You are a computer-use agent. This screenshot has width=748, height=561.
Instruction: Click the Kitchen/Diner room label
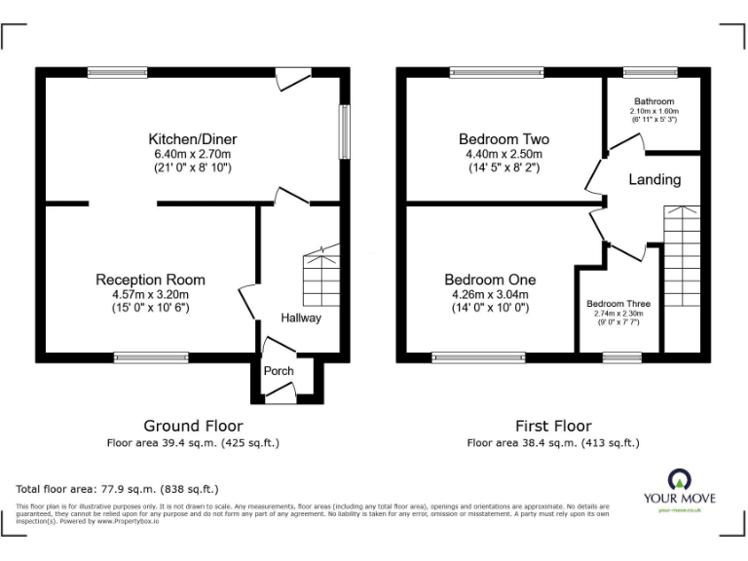click(192, 139)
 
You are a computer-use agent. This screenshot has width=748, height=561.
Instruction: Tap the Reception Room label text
click(150, 280)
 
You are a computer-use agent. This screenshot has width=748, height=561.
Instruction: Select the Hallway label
click(301, 318)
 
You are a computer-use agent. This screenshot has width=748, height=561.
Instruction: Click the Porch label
click(279, 370)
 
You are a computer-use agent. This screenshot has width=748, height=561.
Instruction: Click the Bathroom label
click(654, 101)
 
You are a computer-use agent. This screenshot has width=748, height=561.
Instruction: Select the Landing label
click(654, 180)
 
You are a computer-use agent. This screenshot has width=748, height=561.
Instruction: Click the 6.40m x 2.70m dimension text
click(192, 154)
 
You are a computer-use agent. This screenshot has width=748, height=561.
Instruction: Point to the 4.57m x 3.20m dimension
click(150, 294)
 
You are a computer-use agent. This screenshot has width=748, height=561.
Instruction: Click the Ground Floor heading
click(193, 426)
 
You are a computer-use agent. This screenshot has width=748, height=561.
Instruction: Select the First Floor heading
click(553, 426)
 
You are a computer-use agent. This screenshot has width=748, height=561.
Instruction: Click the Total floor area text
click(118, 488)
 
